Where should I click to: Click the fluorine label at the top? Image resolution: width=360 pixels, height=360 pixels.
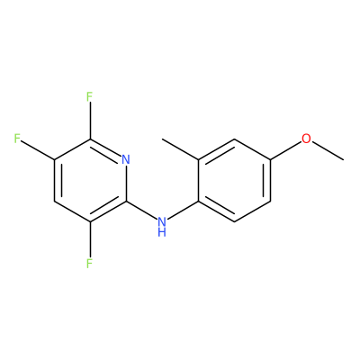coord(89,97)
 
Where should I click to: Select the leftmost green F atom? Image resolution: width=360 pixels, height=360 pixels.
coord(17,139)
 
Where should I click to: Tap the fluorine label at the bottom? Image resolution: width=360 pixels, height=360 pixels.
coord(89,264)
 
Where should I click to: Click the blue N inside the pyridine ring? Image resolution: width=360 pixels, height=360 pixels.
coord(126,159)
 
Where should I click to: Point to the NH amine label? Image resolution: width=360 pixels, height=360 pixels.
coord(162,227)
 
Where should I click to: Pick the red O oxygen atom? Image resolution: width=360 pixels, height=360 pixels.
coord(306,139)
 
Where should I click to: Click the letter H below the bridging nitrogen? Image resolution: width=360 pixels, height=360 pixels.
coord(162,232)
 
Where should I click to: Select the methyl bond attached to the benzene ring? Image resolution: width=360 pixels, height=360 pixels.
coord(180,149)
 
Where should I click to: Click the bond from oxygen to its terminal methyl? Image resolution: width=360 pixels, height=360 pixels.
coord(328,150)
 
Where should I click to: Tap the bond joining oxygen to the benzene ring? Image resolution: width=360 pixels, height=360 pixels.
coord(285,150)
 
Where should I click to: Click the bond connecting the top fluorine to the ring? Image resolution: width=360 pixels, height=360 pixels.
coord(89,121)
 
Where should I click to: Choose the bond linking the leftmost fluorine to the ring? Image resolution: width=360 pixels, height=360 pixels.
coord(38,149)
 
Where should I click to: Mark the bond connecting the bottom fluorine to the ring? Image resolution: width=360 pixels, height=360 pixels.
coord(89,240)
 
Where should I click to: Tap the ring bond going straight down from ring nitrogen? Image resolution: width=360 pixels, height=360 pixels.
coord(126,183)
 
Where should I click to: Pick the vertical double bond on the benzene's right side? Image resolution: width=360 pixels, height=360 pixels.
coord(268,180)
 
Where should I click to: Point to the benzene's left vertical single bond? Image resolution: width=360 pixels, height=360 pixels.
coord(198,180)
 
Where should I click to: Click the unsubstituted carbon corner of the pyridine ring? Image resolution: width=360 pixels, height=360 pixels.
coord(54,201)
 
